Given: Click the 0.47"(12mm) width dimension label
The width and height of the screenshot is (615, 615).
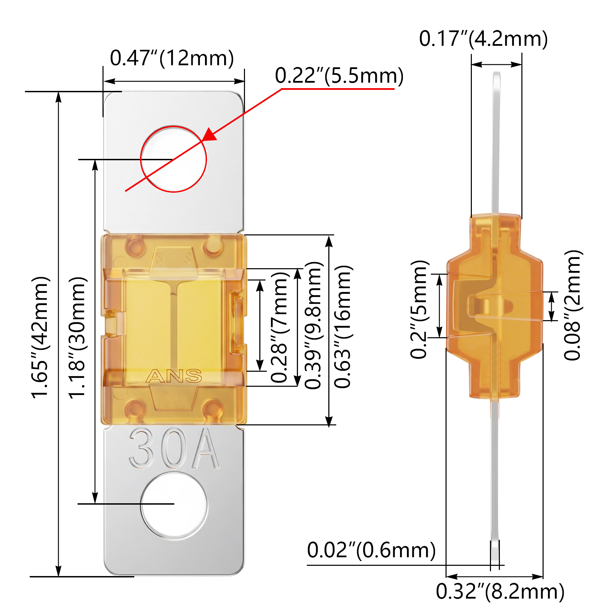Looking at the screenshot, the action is (x=172, y=58).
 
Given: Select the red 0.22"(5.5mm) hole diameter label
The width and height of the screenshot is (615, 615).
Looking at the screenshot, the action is (x=339, y=76).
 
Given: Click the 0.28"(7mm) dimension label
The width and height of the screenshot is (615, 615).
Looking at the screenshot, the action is (x=280, y=327).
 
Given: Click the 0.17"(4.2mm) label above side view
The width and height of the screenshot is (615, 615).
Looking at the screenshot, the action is (x=483, y=39).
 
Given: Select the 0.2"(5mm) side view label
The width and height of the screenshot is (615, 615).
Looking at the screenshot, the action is (x=419, y=309).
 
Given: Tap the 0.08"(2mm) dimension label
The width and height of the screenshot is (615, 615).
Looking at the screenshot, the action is (x=572, y=305).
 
